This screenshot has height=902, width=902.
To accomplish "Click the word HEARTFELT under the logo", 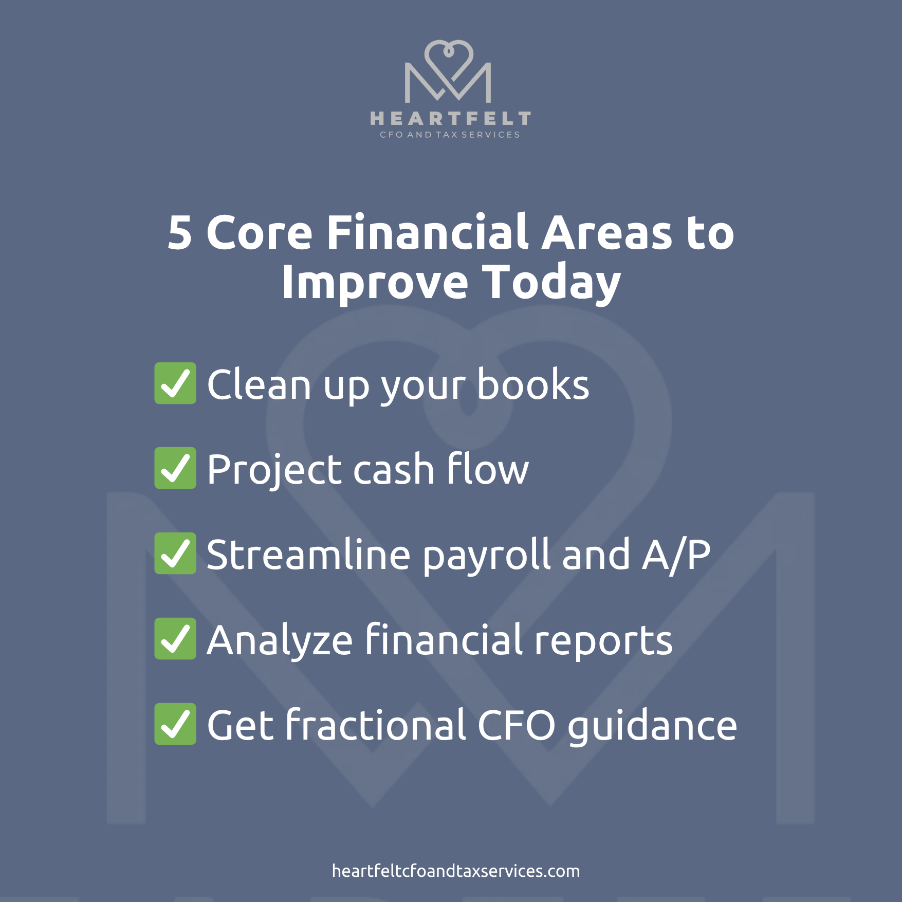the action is [450, 119].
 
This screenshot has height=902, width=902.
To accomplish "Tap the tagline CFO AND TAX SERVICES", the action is [450, 135].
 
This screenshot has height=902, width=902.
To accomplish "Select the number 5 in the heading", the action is [180, 233].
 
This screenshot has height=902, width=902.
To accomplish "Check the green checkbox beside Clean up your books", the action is [175, 383].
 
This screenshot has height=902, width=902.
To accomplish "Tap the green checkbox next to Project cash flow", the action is [175, 468].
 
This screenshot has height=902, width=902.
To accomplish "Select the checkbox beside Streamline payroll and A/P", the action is [175, 554].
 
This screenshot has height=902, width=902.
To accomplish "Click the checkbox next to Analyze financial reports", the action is [175, 639].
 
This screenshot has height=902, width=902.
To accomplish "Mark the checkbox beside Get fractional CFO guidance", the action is [175, 724].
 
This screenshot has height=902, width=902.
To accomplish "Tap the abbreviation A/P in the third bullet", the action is [676, 555].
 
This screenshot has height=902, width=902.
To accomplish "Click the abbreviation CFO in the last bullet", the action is [517, 725].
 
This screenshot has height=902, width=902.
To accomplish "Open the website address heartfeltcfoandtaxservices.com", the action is [456, 871].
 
